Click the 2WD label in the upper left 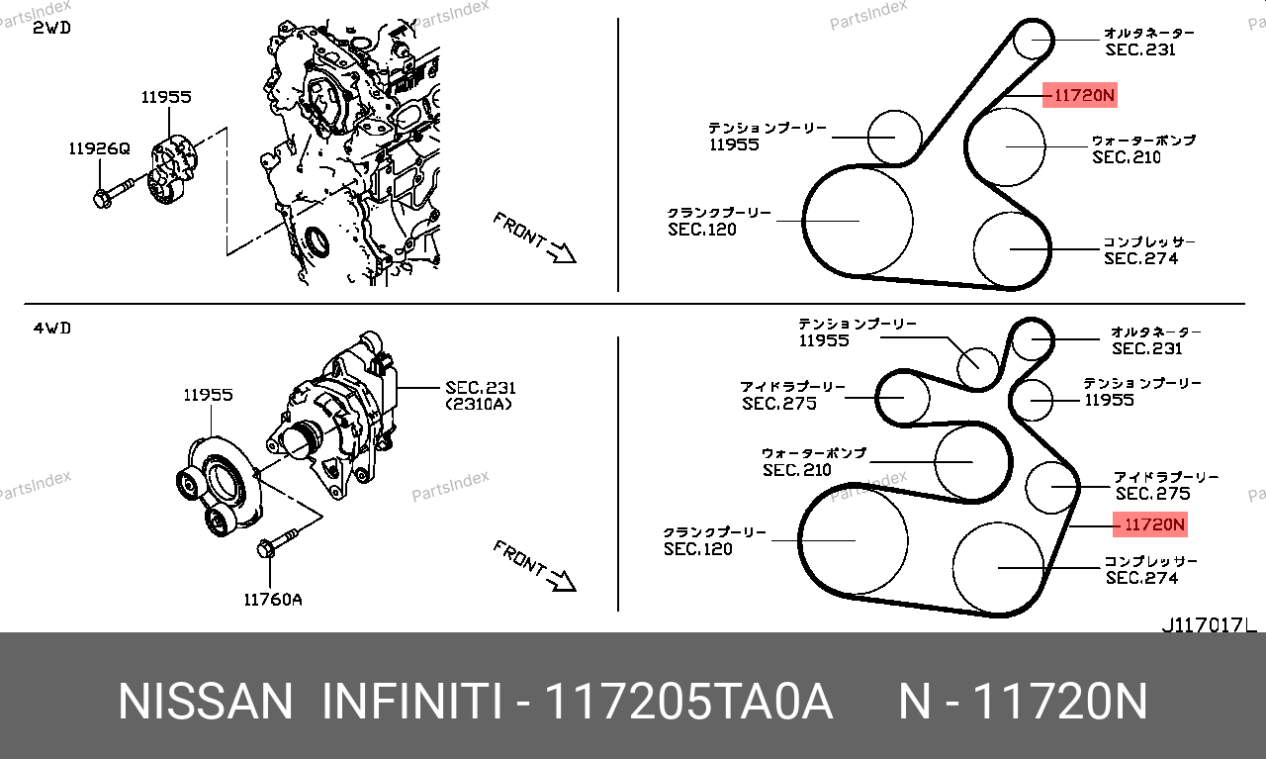click(x=52, y=28)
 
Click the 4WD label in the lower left click(x=52, y=328)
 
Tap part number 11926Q click(x=100, y=148)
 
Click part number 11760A click(x=273, y=600)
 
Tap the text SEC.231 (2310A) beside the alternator click(x=480, y=396)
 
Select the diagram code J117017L click(x=1209, y=624)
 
